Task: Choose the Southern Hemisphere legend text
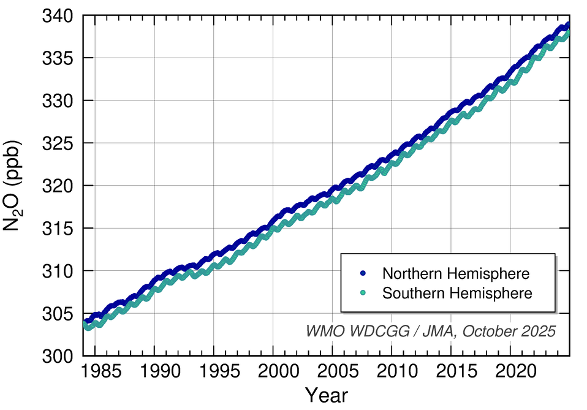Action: [x=457, y=293]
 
